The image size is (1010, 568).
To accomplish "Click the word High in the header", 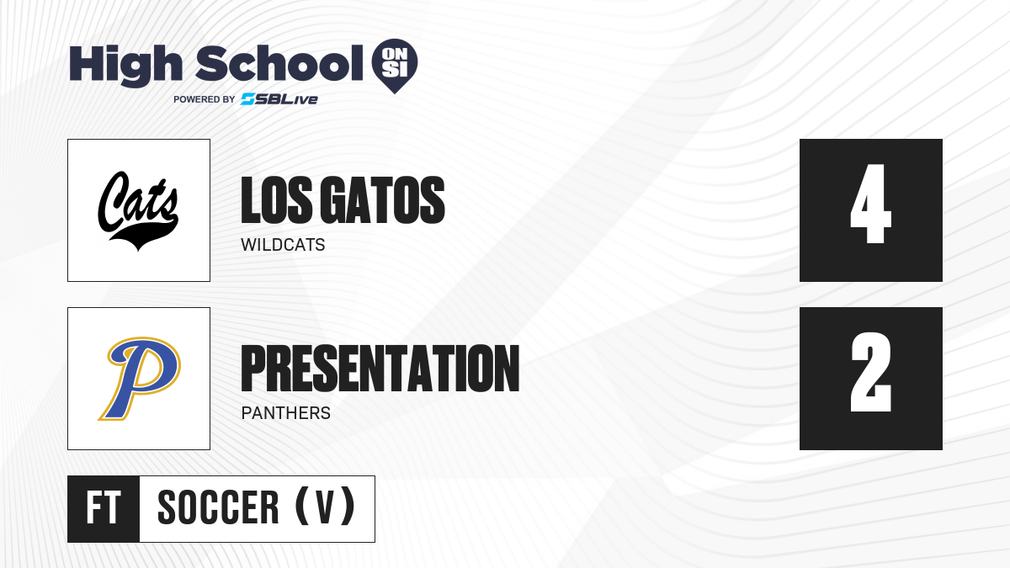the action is (x=125, y=65).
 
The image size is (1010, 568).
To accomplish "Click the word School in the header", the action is (x=279, y=63).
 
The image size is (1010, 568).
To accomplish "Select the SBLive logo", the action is (x=279, y=99).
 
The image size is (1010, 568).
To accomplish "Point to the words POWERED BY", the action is (x=205, y=99).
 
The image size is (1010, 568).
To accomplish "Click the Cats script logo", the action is (x=138, y=210).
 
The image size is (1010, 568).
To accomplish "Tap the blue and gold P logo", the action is (x=140, y=378).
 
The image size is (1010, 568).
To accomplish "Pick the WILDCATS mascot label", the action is (x=283, y=245).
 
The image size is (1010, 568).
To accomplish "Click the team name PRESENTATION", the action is (x=380, y=369).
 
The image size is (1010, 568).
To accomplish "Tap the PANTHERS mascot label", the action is (x=286, y=413).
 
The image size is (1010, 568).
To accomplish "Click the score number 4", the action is (x=870, y=204).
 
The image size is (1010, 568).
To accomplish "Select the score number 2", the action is (x=870, y=372).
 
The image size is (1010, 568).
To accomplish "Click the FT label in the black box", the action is (x=104, y=508).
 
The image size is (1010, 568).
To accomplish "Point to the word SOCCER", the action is (x=218, y=508).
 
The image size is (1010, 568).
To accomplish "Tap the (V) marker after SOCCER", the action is (x=325, y=508).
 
